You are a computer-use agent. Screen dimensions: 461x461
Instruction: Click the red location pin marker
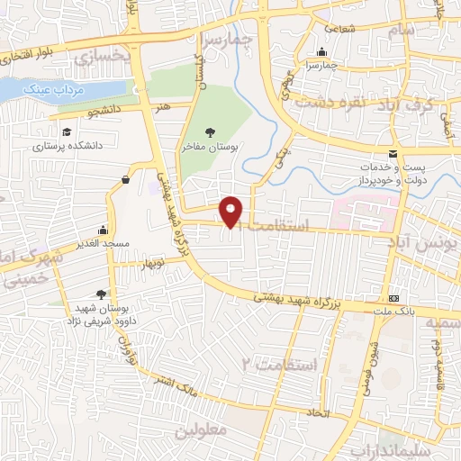tap(232, 211)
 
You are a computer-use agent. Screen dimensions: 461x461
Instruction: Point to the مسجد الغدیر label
tap(104, 242)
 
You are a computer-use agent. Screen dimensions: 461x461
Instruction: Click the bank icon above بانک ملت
tap(393, 298)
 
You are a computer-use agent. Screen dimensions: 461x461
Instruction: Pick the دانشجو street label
tap(81, 112)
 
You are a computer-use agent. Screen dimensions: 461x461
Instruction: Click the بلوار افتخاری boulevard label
tap(31, 56)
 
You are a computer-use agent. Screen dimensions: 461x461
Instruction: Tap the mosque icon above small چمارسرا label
tap(321, 51)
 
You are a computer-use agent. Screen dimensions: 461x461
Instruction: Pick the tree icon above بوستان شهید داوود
tap(100, 294)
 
